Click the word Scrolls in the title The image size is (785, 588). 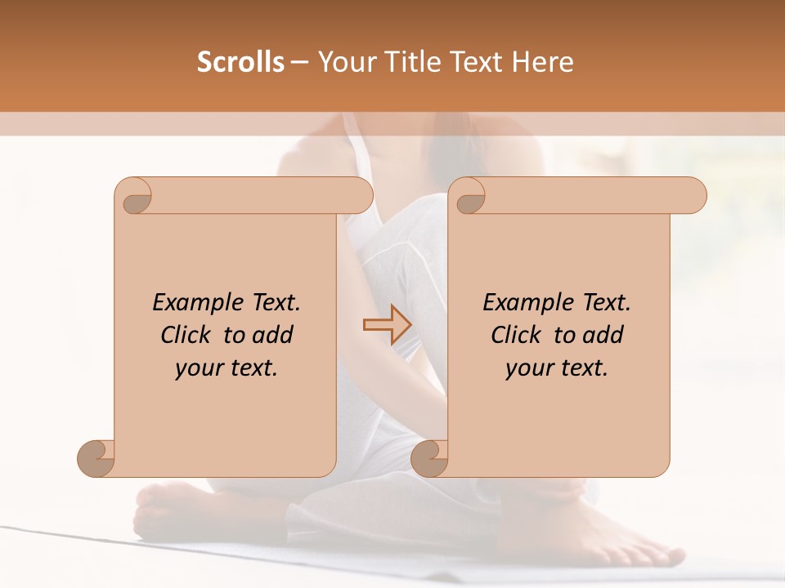point(240,62)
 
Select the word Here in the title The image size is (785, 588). point(543,62)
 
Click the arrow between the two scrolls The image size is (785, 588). point(387,325)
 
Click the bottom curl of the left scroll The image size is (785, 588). point(96,458)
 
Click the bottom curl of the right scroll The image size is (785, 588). point(429,458)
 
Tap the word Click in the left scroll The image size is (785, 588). point(187,335)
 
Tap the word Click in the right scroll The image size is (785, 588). point(518,335)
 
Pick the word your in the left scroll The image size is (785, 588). point(198,368)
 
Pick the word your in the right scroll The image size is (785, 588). point(528,368)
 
